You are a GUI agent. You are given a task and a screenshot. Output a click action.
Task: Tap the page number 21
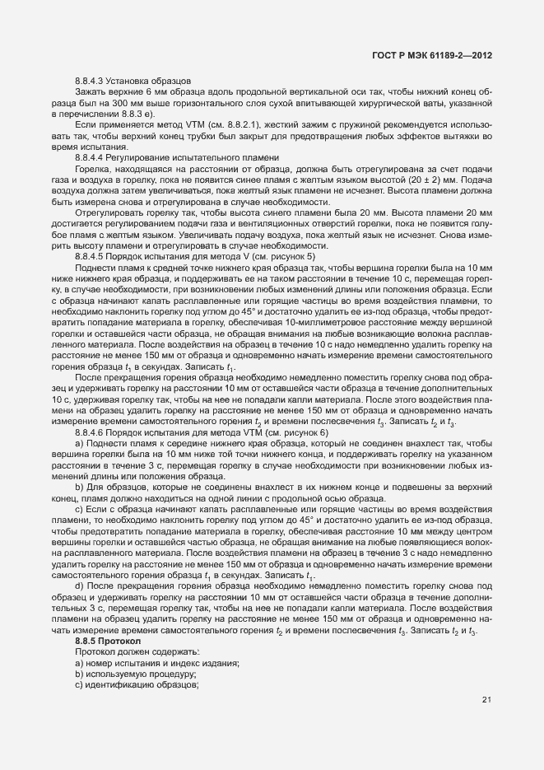point(486,700)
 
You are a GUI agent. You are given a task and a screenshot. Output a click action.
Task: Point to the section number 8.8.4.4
point(92,156)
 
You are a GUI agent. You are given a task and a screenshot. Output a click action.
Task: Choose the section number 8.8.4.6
point(92,431)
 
